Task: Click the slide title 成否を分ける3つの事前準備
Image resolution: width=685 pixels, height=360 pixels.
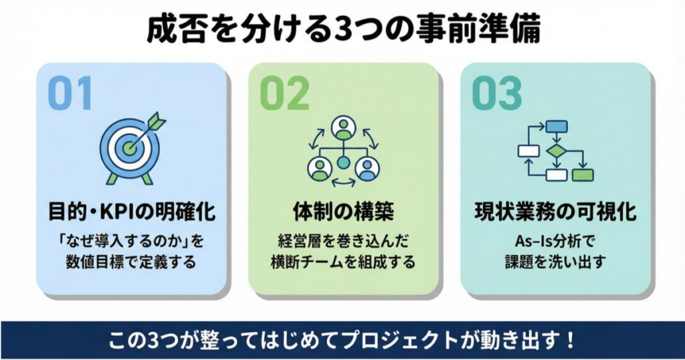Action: [342, 31]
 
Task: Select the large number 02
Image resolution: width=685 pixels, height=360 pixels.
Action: [284, 94]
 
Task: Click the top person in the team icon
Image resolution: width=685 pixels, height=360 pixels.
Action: [343, 127]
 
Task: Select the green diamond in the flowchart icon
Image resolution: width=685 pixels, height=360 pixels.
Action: [555, 151]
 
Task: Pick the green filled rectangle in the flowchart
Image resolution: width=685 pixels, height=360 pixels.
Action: [582, 175]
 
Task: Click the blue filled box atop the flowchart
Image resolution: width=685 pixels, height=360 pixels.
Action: [556, 126]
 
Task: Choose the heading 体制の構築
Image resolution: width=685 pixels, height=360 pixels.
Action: [343, 212]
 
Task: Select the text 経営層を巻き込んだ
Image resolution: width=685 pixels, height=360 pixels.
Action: [343, 240]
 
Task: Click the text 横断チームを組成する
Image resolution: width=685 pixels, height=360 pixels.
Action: [343, 262]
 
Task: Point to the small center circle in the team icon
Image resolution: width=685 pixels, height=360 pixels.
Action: [343, 162]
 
